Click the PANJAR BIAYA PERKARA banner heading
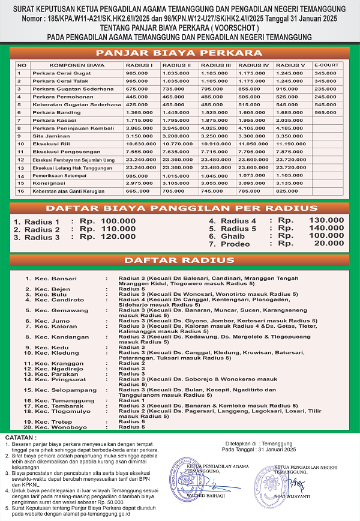click(x=180, y=52)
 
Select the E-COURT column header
click(x=325, y=65)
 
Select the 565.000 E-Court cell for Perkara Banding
click(x=325, y=112)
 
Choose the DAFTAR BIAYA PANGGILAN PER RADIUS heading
click(x=180, y=209)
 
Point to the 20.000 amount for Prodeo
click(x=330, y=244)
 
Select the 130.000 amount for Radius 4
click(x=326, y=220)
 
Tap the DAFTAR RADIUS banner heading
click(x=180, y=260)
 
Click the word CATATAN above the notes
click(x=20, y=438)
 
